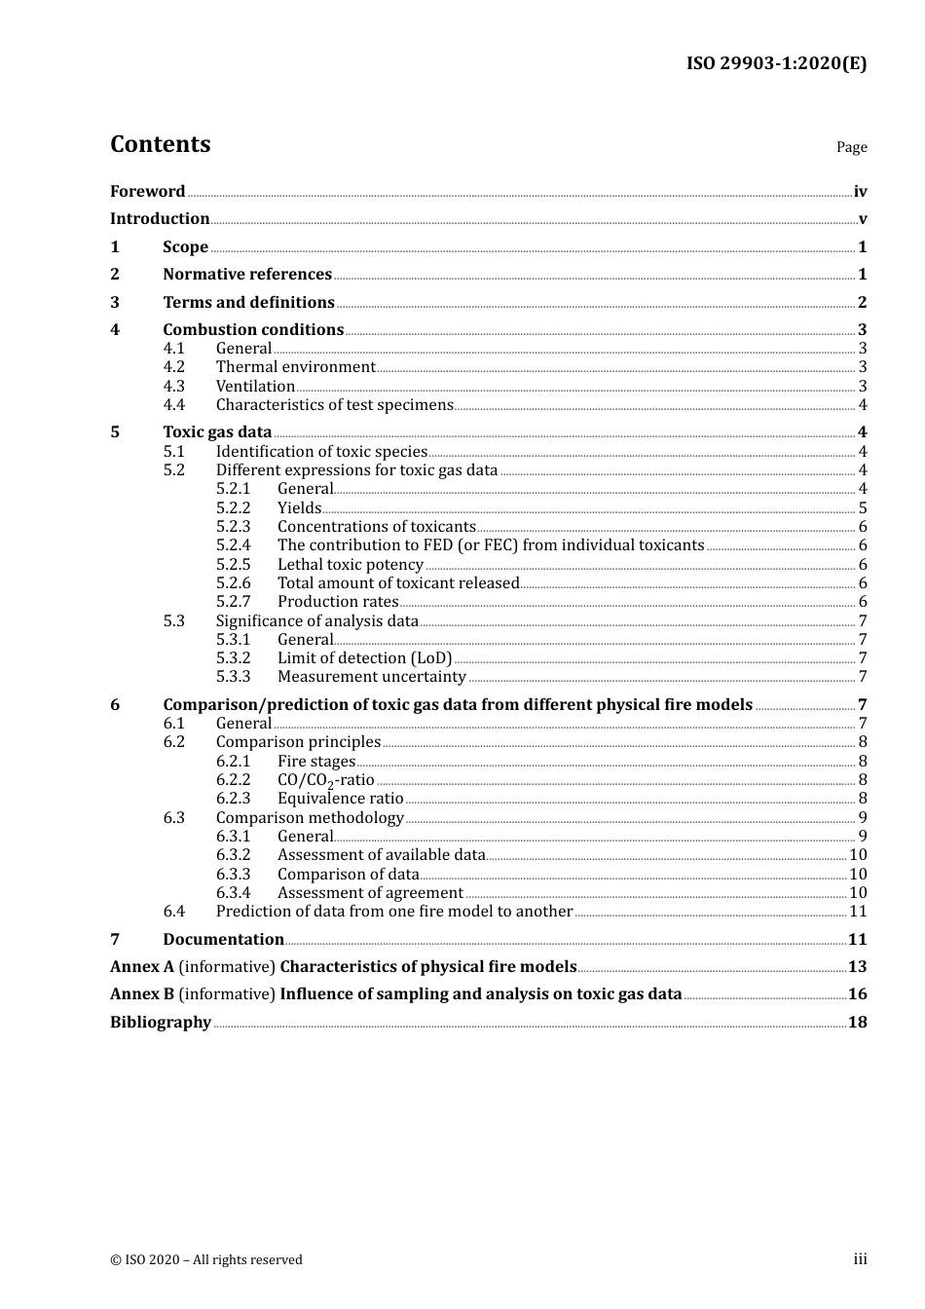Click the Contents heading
(x=160, y=144)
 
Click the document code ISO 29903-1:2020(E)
(x=776, y=63)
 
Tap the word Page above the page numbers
(x=851, y=147)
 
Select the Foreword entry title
(x=147, y=192)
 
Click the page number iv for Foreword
(x=860, y=192)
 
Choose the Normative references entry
(x=247, y=275)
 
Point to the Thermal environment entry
(x=295, y=367)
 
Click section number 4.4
(x=173, y=405)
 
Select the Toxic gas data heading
(x=217, y=432)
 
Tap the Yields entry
(x=299, y=508)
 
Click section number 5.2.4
(x=233, y=545)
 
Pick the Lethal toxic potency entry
(x=350, y=565)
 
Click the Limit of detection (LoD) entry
(x=364, y=658)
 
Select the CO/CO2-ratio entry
(x=325, y=780)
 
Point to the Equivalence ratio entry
(x=340, y=799)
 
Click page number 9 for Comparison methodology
(x=862, y=818)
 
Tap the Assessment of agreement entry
(x=370, y=893)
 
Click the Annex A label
(x=142, y=967)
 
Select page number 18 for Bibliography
(x=857, y=1023)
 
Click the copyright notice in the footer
(x=205, y=1260)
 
